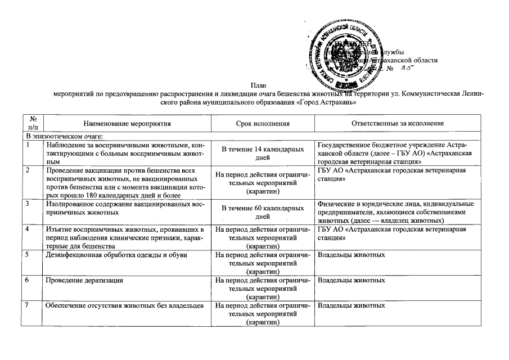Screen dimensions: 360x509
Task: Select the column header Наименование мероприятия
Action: pyautogui.click(x=127, y=123)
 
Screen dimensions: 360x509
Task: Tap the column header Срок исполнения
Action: pyautogui.click(x=263, y=123)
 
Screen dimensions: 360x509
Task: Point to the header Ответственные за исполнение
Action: pyautogui.click(x=398, y=123)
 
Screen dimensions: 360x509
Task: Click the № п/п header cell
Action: pyautogui.click(x=33, y=123)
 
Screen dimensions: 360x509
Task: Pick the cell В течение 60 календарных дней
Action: pyautogui.click(x=263, y=212)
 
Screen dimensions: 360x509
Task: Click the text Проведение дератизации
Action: pyautogui.click(x=84, y=280)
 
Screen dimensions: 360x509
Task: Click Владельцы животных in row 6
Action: pyautogui.click(x=351, y=280)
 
